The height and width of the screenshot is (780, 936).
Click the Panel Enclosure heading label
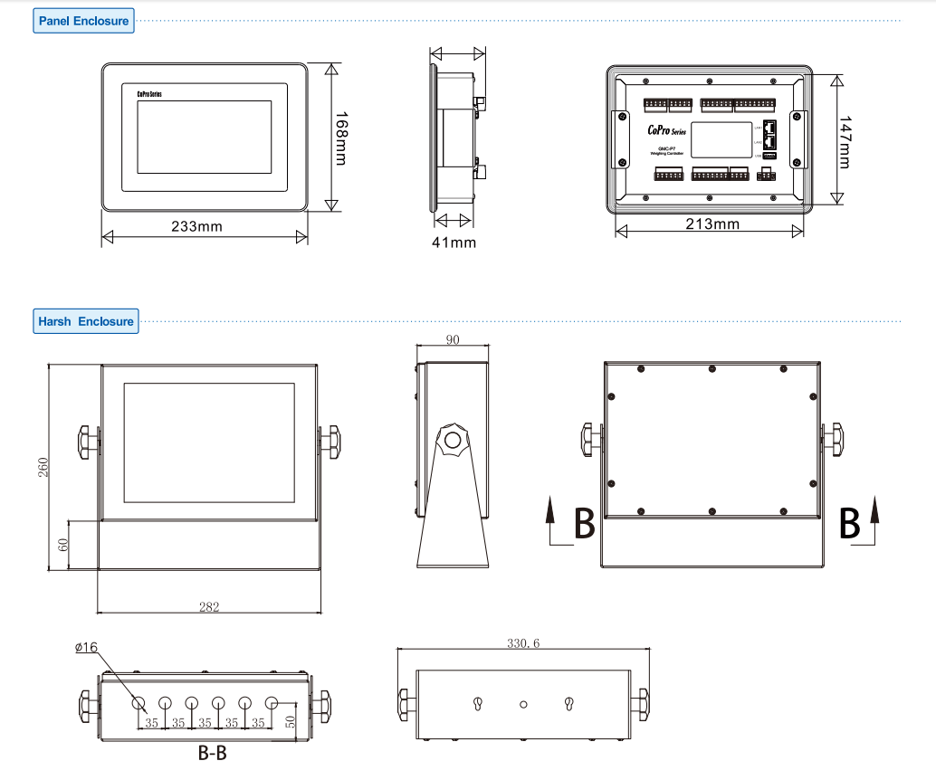(x=83, y=21)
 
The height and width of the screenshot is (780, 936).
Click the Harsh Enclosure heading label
(x=85, y=321)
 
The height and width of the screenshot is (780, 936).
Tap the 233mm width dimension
(x=196, y=225)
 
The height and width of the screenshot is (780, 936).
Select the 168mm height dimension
(x=340, y=138)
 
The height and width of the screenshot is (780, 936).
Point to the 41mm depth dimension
(x=454, y=243)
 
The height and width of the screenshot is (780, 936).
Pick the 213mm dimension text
(x=712, y=224)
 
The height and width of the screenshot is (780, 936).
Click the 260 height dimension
(x=43, y=467)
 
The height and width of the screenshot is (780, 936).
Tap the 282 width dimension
(x=209, y=607)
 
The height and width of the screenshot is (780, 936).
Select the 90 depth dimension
(x=452, y=339)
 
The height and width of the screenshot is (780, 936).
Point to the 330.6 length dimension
(x=523, y=643)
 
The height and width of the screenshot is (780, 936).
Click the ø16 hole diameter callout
(x=87, y=647)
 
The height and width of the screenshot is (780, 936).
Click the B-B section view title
(x=213, y=753)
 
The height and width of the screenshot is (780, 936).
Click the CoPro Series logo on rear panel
(x=667, y=131)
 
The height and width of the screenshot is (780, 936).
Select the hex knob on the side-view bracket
(x=452, y=442)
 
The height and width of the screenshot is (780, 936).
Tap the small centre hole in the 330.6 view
(x=523, y=703)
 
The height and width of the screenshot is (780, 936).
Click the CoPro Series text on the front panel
(x=149, y=93)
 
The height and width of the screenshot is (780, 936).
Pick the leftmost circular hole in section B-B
(x=138, y=703)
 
